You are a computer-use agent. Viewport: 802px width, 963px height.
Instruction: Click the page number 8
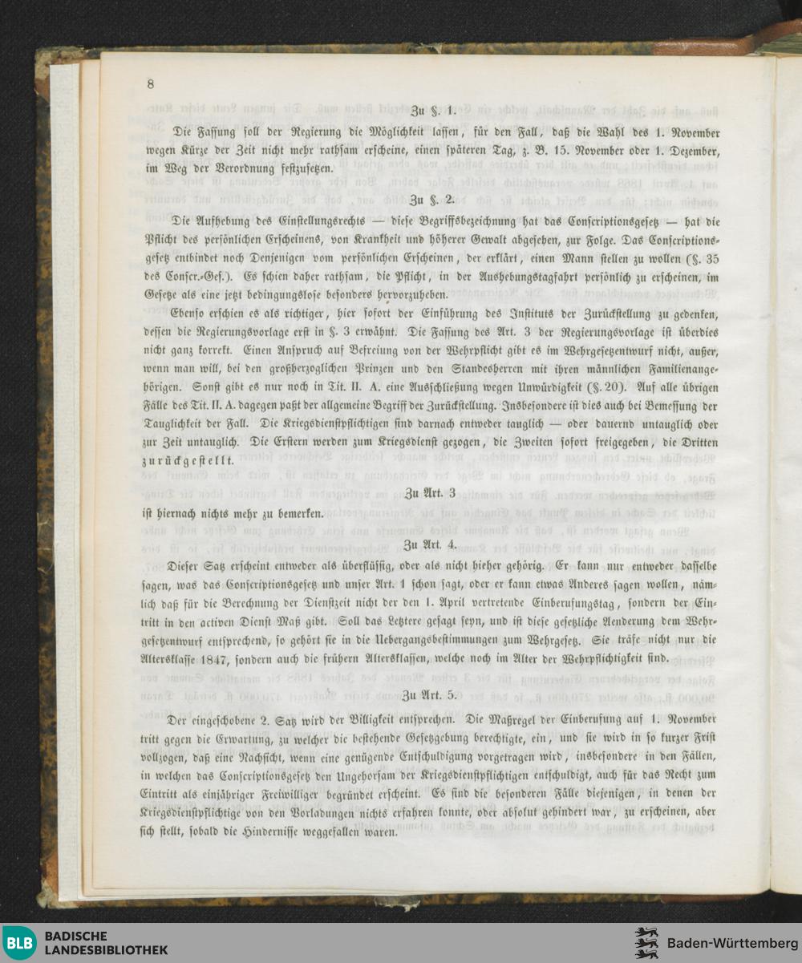tap(150, 84)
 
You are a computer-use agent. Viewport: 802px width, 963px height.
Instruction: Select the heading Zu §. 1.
tap(433, 110)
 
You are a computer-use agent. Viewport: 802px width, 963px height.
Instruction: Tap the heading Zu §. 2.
tap(432, 198)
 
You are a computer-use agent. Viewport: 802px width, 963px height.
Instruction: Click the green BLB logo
tap(19, 943)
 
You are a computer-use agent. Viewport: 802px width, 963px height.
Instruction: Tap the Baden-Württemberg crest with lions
tap(647, 943)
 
